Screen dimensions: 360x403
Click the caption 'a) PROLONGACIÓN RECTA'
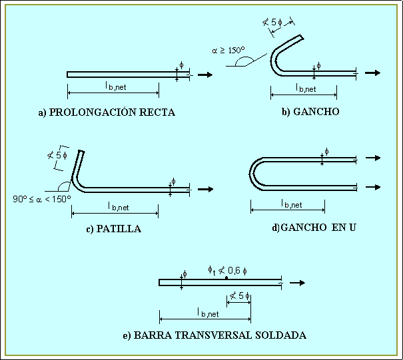pyautogui.click(x=107, y=112)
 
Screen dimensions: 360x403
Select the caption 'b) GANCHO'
pyautogui.click(x=310, y=112)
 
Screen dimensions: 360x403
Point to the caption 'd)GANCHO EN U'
pyautogui.click(x=314, y=228)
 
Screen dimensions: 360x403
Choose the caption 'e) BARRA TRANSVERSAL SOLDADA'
pyautogui.click(x=214, y=335)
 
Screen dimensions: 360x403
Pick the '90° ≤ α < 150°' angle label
pyautogui.click(x=42, y=198)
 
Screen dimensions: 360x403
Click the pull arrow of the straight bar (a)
pyautogui.click(x=205, y=75)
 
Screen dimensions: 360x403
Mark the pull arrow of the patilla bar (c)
pyautogui.click(x=205, y=190)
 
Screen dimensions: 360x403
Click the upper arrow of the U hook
pyautogui.click(x=374, y=158)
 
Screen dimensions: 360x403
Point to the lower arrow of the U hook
pyautogui.click(x=374, y=188)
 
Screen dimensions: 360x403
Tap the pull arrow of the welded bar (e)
pyautogui.click(x=298, y=283)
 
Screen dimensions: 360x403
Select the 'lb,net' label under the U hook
pyautogui.click(x=291, y=204)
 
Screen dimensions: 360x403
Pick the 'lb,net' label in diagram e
pyautogui.click(x=208, y=313)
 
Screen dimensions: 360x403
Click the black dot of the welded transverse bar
pyautogui.click(x=226, y=277)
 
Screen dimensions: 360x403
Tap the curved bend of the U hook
pyautogui.click(x=253, y=173)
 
